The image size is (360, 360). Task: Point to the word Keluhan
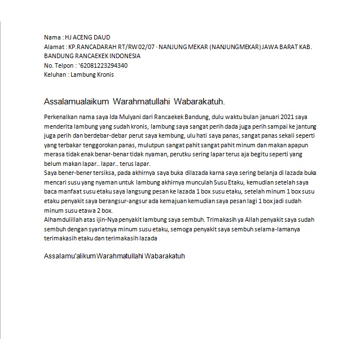[x=55, y=74]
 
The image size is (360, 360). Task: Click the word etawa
[x=84, y=211]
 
